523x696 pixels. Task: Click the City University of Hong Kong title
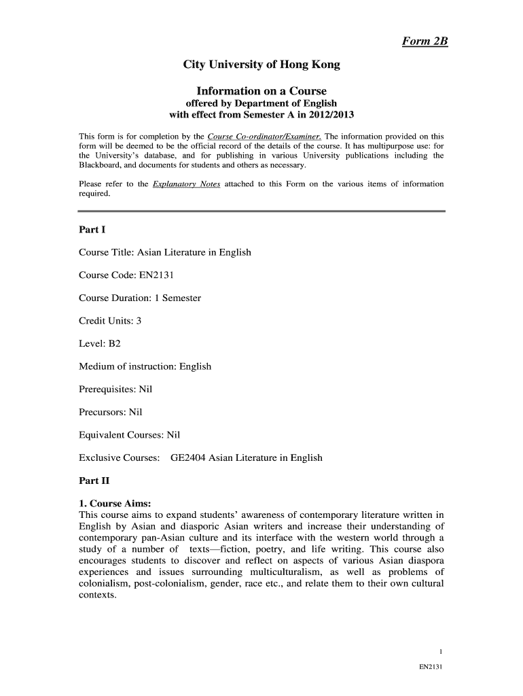click(x=261, y=65)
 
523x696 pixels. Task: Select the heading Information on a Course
click(x=261, y=91)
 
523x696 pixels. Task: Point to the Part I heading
click(x=92, y=230)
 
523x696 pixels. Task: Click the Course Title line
click(x=165, y=252)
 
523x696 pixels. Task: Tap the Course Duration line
click(x=140, y=298)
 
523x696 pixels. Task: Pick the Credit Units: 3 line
click(x=110, y=321)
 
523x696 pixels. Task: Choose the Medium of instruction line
click(x=145, y=367)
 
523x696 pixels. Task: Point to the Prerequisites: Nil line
click(x=116, y=389)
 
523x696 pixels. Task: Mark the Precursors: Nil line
click(x=111, y=412)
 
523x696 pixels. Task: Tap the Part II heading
click(x=94, y=481)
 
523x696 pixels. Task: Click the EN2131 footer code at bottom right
click(x=431, y=667)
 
